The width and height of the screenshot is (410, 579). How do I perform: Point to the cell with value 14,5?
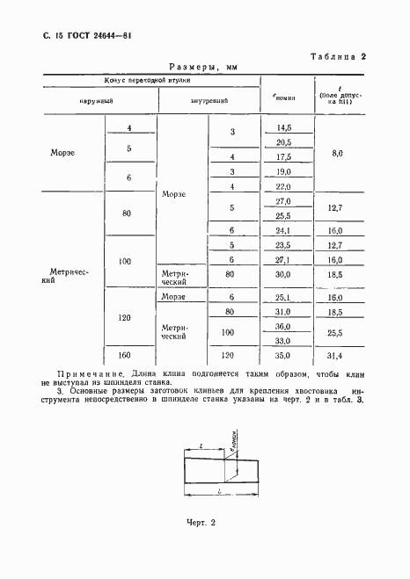click(283, 128)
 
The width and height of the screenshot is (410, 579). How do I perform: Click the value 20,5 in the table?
click(283, 142)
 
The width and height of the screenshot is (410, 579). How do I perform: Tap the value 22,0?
click(283, 186)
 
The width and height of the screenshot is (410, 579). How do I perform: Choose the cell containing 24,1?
click(283, 230)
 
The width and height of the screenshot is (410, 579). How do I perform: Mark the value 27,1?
click(283, 260)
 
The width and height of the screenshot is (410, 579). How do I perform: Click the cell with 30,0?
click(283, 275)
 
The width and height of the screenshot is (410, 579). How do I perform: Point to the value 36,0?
click(283, 325)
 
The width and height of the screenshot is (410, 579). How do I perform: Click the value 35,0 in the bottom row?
click(283, 356)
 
